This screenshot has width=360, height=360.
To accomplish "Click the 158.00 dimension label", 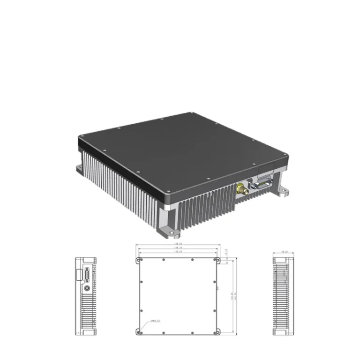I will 178,244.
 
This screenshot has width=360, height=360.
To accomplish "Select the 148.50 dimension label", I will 178,248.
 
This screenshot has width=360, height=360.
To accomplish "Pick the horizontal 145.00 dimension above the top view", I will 178,252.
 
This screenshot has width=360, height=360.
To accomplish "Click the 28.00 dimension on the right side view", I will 284,252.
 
